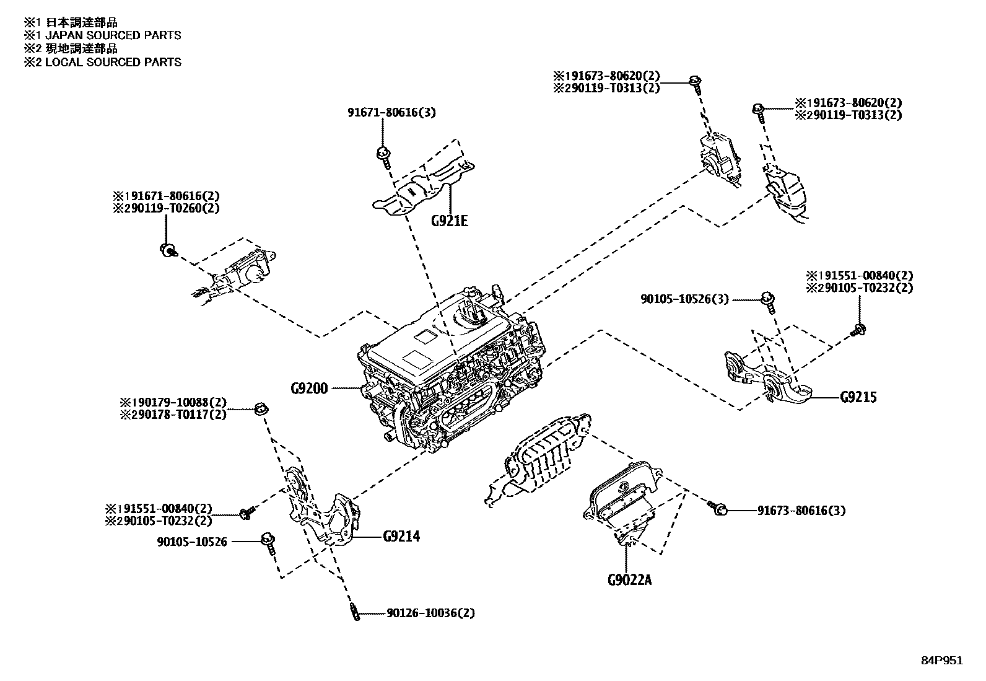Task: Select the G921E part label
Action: (450, 220)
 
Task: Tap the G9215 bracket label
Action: (858, 397)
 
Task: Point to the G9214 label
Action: (401, 537)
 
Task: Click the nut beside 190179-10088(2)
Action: (260, 408)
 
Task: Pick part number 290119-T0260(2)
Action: (166, 209)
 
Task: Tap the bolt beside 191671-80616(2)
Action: (167, 250)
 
